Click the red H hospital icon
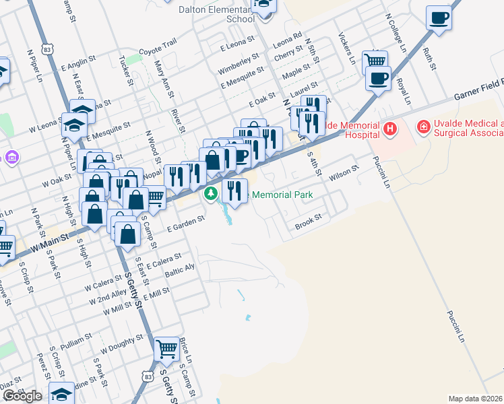click(x=389, y=128)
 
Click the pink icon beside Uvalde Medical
click(x=423, y=126)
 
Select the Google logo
click(x=22, y=396)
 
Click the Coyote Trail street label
click(x=157, y=46)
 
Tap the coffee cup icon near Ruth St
click(x=439, y=18)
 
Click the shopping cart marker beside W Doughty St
click(x=166, y=349)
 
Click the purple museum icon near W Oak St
click(x=11, y=158)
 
